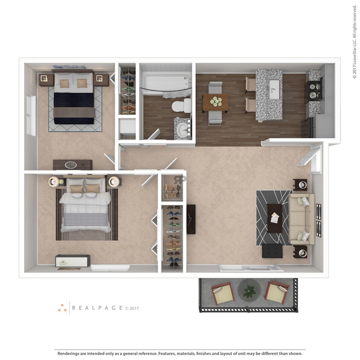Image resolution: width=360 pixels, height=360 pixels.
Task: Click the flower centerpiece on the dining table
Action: pos(216,102)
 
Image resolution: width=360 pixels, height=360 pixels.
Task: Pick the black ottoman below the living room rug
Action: pos(272,251)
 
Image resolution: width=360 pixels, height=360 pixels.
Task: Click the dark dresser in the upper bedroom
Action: pos(72,165)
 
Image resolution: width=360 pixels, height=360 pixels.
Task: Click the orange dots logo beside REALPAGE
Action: pos(62,308)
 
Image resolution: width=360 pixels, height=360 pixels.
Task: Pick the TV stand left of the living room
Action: pos(191,219)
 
